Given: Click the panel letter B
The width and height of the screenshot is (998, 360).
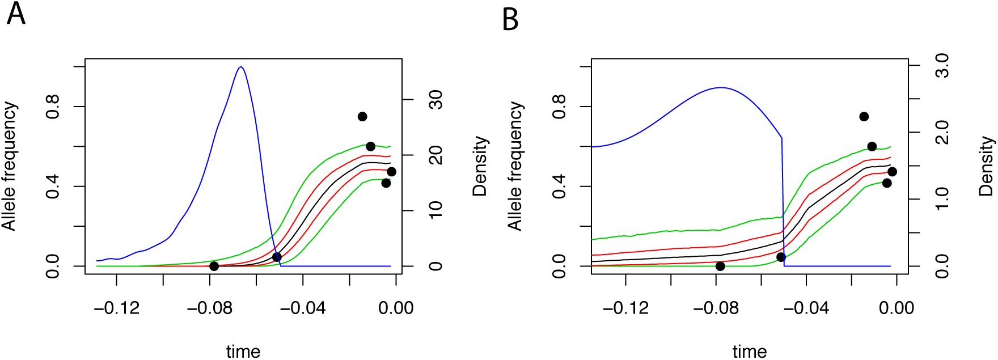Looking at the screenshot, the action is [x=510, y=19].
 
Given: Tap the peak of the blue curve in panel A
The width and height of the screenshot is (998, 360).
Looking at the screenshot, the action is [x=241, y=67].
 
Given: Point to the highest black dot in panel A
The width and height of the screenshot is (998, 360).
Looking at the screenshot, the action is [x=362, y=116].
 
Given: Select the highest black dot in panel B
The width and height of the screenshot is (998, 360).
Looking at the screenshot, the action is [x=864, y=116].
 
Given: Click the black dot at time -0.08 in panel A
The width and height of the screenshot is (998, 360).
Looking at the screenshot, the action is [x=214, y=266].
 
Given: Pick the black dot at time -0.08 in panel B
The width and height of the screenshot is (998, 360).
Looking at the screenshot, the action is [x=720, y=266].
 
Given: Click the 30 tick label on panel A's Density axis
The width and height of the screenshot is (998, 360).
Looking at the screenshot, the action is [x=435, y=100].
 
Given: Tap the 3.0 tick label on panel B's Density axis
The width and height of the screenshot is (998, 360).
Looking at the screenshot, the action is [x=941, y=66].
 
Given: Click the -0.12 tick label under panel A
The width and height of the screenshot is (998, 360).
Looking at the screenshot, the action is [x=117, y=308].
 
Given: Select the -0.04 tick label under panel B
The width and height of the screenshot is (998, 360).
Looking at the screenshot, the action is [x=806, y=308].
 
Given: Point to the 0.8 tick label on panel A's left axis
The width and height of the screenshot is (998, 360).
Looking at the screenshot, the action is [x=53, y=107].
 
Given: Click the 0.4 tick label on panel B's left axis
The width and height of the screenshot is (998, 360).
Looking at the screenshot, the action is [x=559, y=186].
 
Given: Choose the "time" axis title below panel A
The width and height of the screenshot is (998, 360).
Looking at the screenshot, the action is [x=243, y=351].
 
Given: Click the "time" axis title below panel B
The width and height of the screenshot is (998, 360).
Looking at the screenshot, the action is [x=750, y=351].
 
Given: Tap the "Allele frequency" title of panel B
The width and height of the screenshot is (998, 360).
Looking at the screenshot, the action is [x=515, y=166].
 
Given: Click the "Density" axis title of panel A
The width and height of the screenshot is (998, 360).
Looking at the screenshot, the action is [x=480, y=166].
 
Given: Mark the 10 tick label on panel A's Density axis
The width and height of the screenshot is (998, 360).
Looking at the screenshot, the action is [x=435, y=210].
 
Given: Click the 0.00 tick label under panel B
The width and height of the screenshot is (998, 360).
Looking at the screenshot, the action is [x=896, y=308].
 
